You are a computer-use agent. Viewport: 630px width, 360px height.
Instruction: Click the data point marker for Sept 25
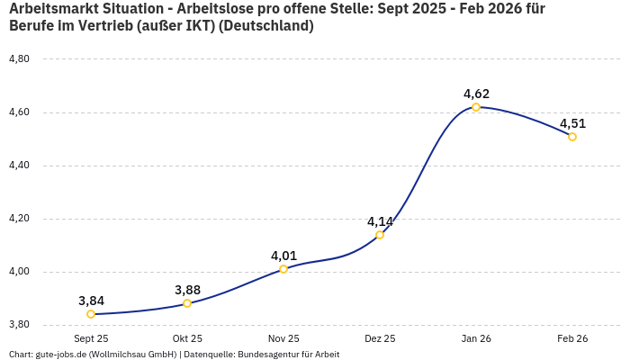click(91, 314)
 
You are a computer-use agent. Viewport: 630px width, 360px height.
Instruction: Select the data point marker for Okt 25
click(187, 303)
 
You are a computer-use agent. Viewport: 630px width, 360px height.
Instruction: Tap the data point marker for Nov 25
click(283, 269)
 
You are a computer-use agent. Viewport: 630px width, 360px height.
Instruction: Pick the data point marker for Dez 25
click(380, 235)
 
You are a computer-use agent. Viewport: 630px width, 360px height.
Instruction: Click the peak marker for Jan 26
click(476, 107)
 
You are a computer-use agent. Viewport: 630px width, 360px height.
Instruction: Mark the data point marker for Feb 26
click(572, 137)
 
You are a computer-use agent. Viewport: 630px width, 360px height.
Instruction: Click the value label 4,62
click(476, 94)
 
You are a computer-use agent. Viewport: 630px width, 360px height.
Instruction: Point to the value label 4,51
click(572, 123)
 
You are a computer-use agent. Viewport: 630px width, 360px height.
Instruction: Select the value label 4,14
click(380, 221)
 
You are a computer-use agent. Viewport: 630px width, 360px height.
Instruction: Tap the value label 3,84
click(91, 301)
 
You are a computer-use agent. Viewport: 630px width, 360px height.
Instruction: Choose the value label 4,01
click(283, 256)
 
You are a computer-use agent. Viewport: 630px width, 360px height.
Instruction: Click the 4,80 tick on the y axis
click(19, 59)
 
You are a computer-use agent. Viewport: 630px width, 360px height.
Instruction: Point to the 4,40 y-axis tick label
click(19, 166)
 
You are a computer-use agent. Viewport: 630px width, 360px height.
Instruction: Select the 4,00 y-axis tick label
click(19, 272)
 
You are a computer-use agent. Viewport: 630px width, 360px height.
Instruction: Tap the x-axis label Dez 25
click(380, 338)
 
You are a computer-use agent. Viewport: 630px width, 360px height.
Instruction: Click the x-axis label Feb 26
click(572, 338)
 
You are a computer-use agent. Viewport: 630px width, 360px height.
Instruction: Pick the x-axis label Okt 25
click(187, 338)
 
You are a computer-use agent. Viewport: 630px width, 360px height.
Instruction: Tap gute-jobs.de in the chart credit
click(61, 355)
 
